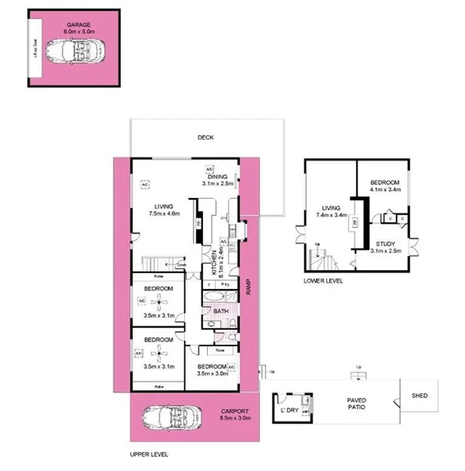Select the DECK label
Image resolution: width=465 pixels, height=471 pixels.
pos(206,137)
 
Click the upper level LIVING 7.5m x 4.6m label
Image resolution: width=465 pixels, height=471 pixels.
pos(164,208)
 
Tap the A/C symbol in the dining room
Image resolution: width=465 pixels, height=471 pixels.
pos(210,169)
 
